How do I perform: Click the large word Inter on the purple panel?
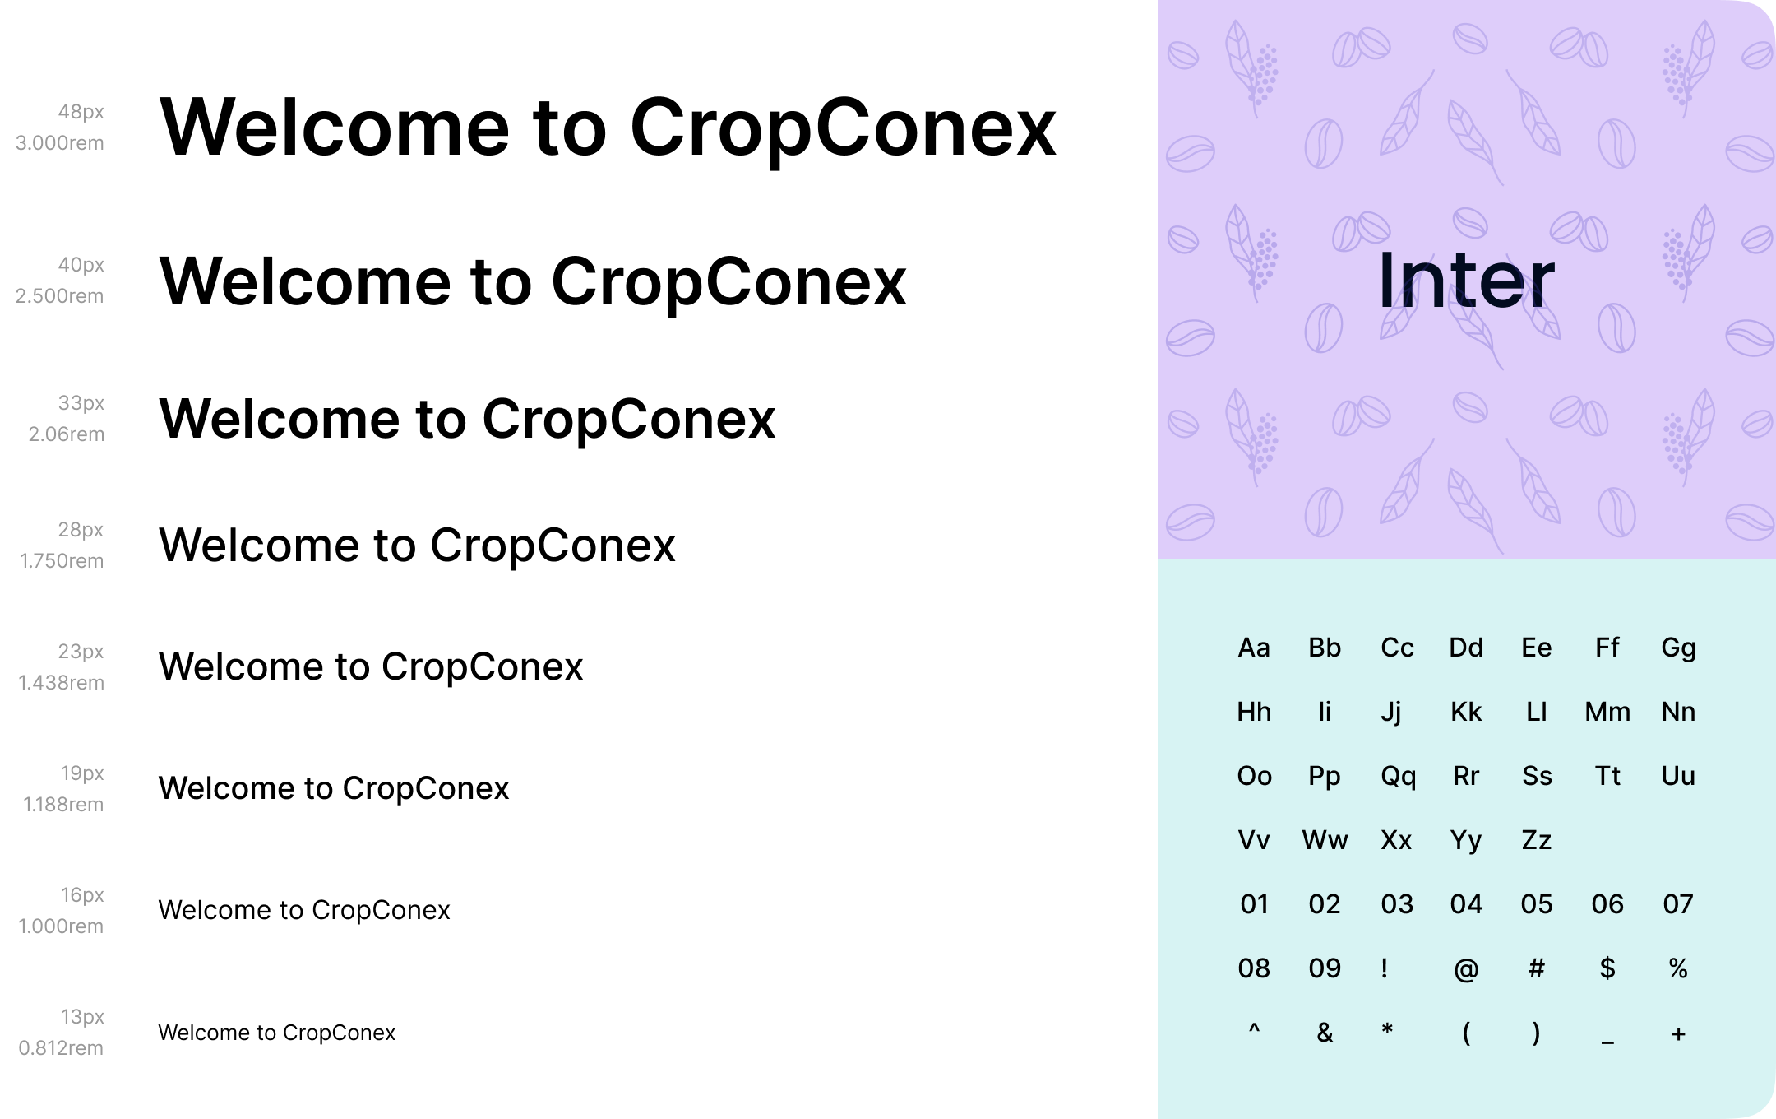[1466, 280]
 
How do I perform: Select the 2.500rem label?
[59, 296]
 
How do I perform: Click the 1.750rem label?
[62, 561]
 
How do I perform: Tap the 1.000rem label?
[61, 926]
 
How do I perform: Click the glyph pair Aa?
[1254, 648]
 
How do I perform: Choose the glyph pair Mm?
[1607, 713]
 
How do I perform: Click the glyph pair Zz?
[1536, 841]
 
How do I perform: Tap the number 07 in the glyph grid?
[1678, 905]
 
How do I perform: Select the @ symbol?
[1466, 970]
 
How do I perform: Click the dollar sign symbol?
[1607, 968]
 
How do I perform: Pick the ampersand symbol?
[1325, 1033]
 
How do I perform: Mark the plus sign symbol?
[1678, 1034]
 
